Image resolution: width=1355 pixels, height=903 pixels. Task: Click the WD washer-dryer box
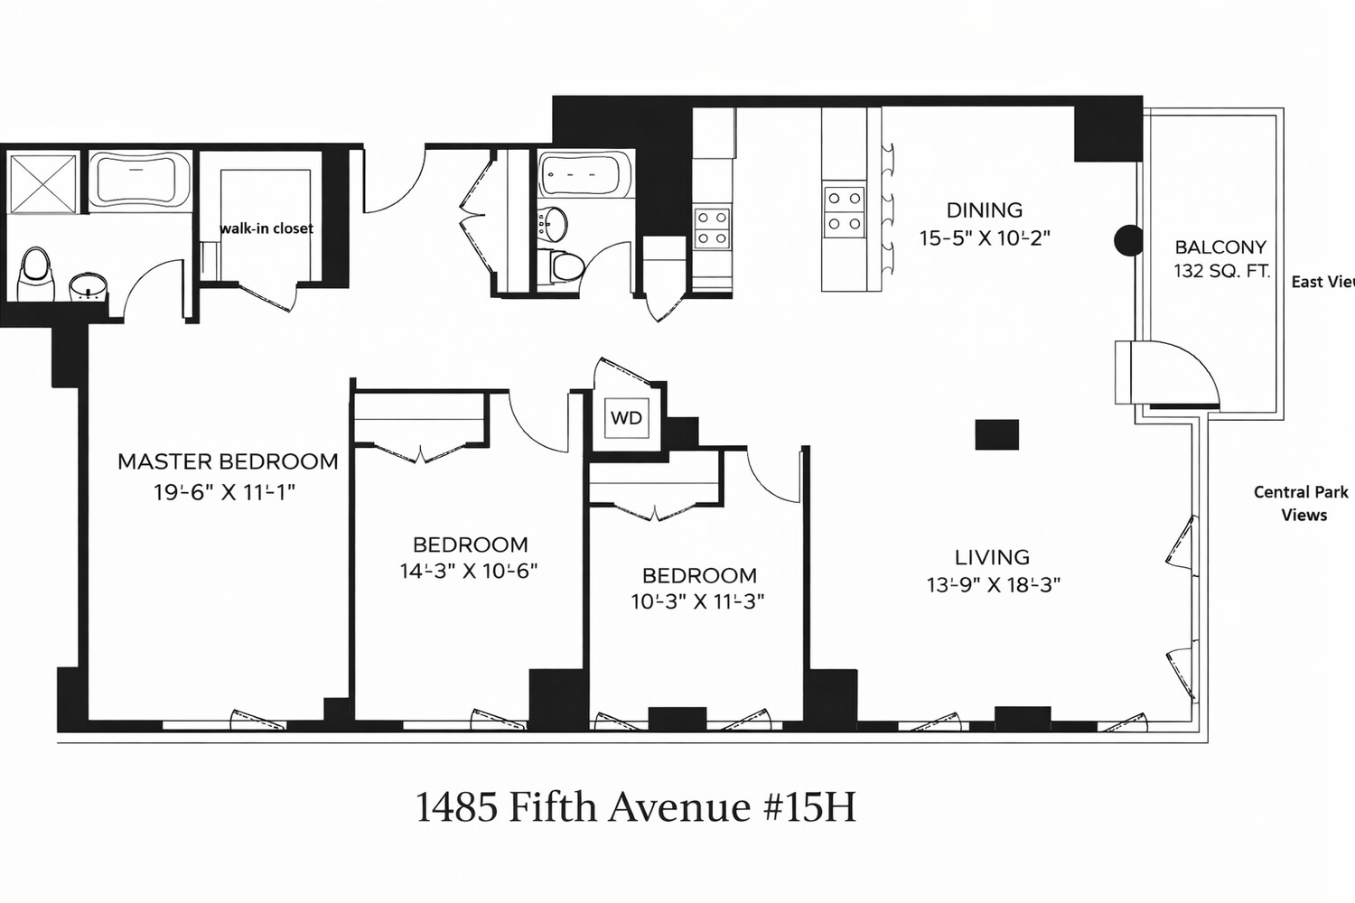(626, 418)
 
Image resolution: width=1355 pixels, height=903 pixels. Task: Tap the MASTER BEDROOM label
(228, 461)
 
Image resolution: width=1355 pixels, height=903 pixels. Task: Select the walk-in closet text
(266, 228)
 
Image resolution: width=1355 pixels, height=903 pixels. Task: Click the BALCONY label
(1220, 247)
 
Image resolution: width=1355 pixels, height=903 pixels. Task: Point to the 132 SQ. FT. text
(1221, 271)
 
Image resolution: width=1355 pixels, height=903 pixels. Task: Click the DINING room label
(984, 210)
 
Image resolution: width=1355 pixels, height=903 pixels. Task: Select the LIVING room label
(992, 557)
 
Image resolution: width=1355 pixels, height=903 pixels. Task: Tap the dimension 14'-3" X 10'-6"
(469, 571)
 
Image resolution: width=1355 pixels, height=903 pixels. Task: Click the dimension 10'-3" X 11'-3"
(697, 601)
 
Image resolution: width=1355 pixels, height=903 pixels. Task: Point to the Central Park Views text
(1302, 503)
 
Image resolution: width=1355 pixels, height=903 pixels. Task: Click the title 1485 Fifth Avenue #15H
(635, 806)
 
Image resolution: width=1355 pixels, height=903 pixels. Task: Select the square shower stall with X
(42, 183)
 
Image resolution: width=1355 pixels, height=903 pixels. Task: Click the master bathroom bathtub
(139, 181)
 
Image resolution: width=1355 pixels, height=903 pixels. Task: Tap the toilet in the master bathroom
(36, 274)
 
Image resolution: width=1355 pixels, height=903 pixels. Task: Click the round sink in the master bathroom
(88, 286)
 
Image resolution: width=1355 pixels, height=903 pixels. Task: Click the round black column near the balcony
(1128, 240)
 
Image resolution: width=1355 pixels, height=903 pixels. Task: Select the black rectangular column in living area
(996, 434)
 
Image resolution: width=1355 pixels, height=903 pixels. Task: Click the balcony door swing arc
(1183, 370)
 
